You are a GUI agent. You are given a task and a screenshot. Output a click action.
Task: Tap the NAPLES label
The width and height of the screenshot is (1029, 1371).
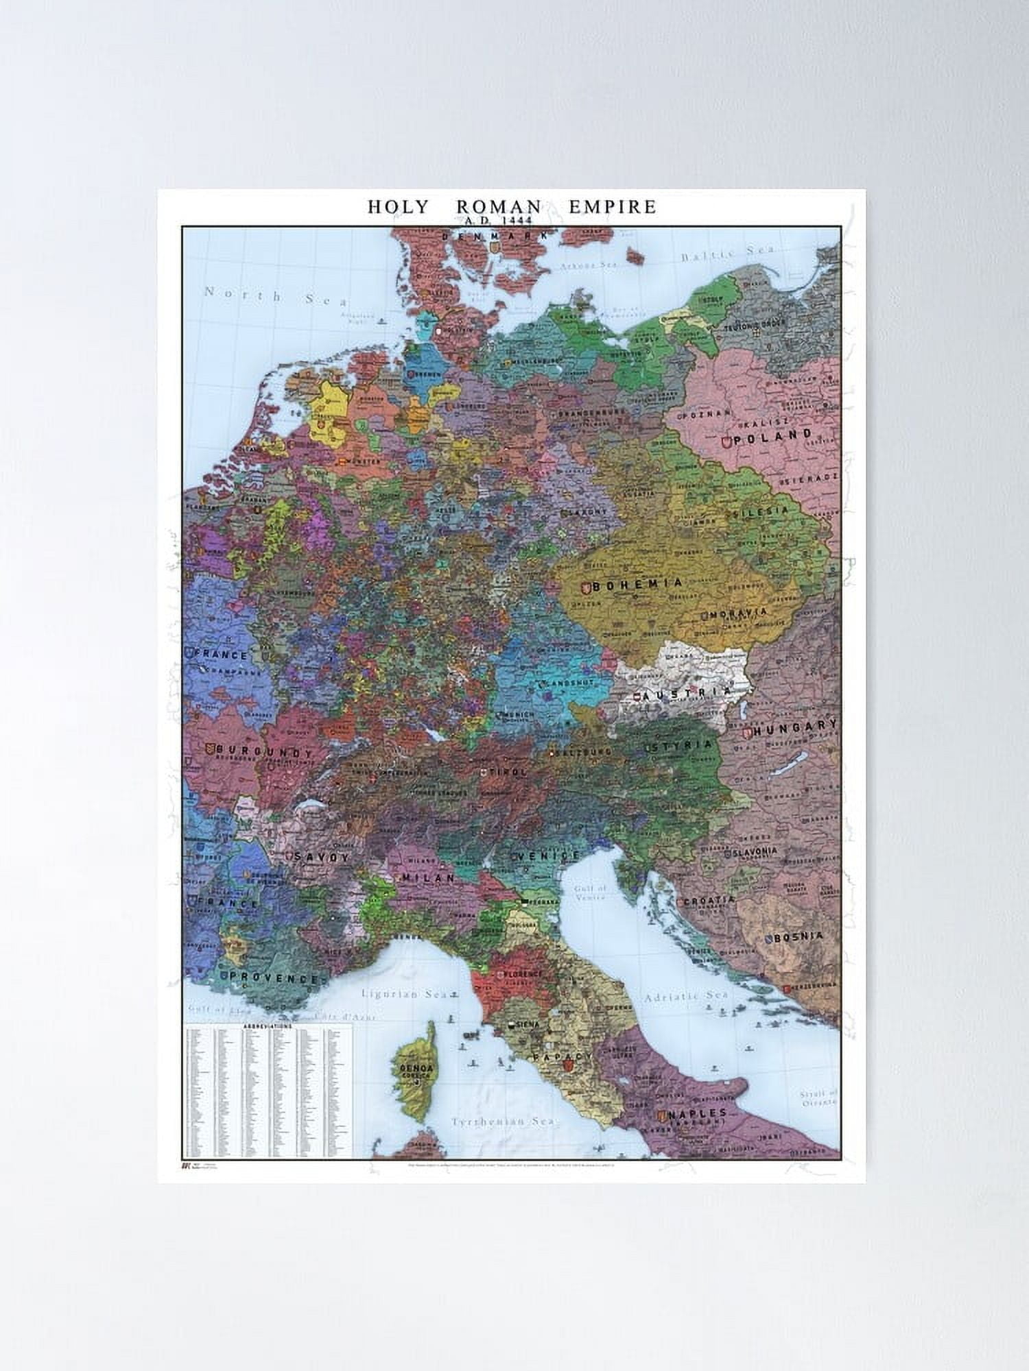696,1114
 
